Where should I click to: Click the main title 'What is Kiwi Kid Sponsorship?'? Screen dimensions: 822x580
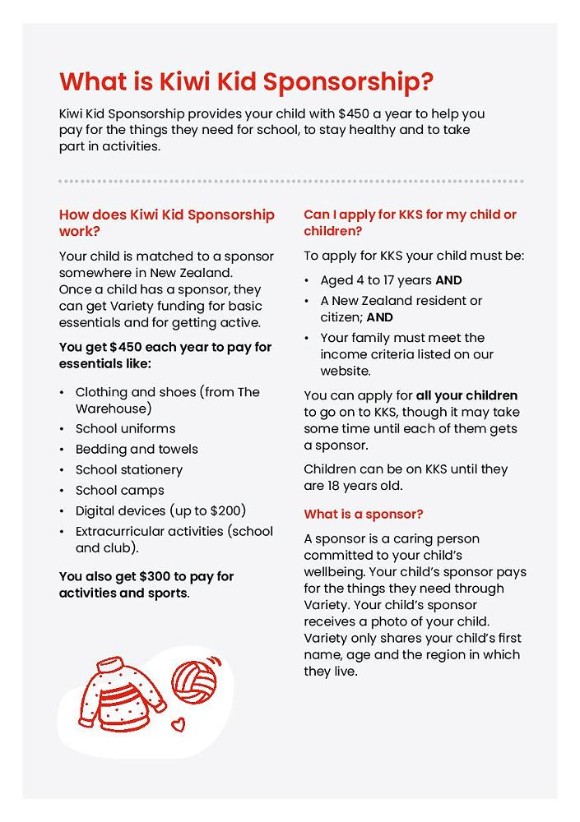tap(246, 82)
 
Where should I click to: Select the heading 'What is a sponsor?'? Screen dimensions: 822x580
tap(364, 515)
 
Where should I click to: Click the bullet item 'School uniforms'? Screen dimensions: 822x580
tap(125, 428)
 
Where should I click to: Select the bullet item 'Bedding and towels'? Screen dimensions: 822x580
tap(137, 449)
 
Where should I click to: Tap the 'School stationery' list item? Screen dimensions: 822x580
tap(129, 469)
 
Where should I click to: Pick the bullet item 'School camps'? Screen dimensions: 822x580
tap(119, 490)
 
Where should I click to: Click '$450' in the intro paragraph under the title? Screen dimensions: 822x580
tap(355, 113)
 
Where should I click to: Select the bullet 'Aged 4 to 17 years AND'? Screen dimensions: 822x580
tap(391, 280)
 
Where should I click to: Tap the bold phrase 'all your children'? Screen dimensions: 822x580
tap(466, 395)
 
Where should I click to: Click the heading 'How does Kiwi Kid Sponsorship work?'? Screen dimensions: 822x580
tap(167, 223)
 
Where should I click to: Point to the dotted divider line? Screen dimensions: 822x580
tap(290, 181)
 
